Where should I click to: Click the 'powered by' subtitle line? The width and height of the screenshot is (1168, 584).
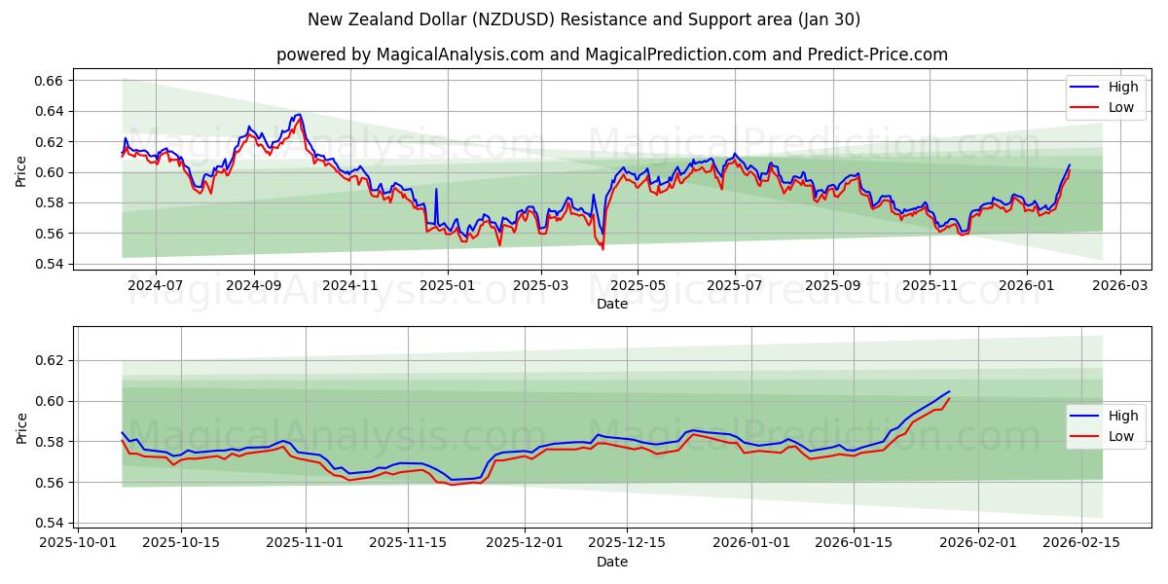611,55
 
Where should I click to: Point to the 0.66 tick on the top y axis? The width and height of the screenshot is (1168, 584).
49,80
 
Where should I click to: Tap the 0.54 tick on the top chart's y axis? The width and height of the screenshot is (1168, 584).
49,264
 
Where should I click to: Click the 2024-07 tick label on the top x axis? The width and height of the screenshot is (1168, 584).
157,285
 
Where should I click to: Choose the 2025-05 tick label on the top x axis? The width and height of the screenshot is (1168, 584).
638,285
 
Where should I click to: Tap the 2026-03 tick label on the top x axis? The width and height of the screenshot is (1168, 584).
1119,285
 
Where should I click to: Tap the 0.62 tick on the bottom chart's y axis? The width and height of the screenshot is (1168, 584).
49,360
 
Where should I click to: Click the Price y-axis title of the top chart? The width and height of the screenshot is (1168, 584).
21,171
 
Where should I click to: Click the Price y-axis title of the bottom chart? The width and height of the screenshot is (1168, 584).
21,428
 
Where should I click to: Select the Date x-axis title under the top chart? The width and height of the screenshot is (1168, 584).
611,304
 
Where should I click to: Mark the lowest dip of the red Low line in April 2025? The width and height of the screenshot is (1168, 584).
602,249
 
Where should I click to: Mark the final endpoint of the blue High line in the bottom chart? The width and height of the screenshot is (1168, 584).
949,391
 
